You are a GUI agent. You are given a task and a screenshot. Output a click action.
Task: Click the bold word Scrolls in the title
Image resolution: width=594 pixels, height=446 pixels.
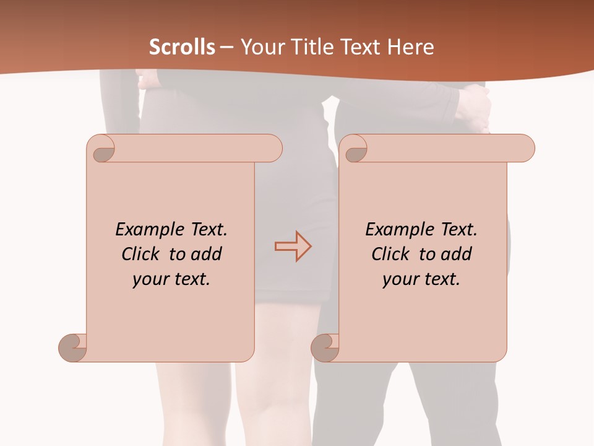click(x=182, y=47)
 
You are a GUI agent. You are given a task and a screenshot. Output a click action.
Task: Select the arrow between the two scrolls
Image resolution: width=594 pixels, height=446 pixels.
click(x=293, y=247)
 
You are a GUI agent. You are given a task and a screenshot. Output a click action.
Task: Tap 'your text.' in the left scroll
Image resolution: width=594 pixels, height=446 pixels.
click(x=171, y=279)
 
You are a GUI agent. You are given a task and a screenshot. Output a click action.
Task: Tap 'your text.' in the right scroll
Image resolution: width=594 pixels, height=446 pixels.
click(x=421, y=279)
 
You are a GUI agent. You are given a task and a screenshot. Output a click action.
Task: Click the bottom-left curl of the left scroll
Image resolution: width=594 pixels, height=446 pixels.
click(x=73, y=347)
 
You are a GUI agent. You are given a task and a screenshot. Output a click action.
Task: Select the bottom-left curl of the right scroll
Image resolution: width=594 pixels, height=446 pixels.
click(x=325, y=347)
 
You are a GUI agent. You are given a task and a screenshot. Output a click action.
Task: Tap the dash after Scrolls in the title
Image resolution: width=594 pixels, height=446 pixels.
click(x=226, y=47)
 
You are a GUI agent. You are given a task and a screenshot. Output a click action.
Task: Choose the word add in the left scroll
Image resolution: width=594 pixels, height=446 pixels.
click(x=207, y=254)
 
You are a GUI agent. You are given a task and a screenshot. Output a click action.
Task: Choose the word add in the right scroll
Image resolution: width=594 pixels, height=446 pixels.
click(x=457, y=254)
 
